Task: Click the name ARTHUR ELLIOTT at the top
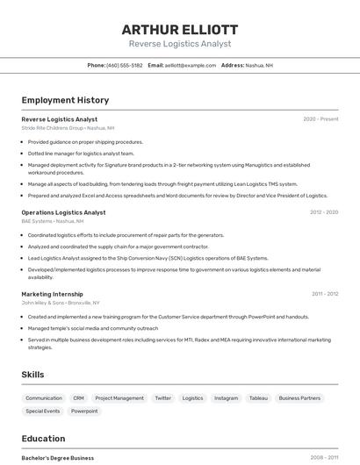[x=180, y=29]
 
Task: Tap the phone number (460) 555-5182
[x=124, y=65]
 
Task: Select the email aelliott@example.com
[x=190, y=65]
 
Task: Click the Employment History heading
[x=65, y=100]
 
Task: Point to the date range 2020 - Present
[x=320, y=118]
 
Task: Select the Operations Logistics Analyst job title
[x=63, y=212]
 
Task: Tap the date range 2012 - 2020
[x=324, y=212]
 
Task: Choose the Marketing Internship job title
[x=53, y=294]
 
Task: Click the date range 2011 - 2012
[x=325, y=294]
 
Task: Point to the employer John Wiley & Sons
[x=42, y=303]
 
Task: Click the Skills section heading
[x=33, y=375]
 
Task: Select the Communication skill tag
[x=44, y=398]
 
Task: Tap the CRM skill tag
[x=79, y=398]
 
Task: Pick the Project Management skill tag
[x=119, y=398]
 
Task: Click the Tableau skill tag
[x=258, y=398]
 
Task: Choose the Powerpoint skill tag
[x=84, y=411]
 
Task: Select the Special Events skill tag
[x=43, y=411]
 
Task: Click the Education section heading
[x=44, y=439]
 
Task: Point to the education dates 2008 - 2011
[x=324, y=457]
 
